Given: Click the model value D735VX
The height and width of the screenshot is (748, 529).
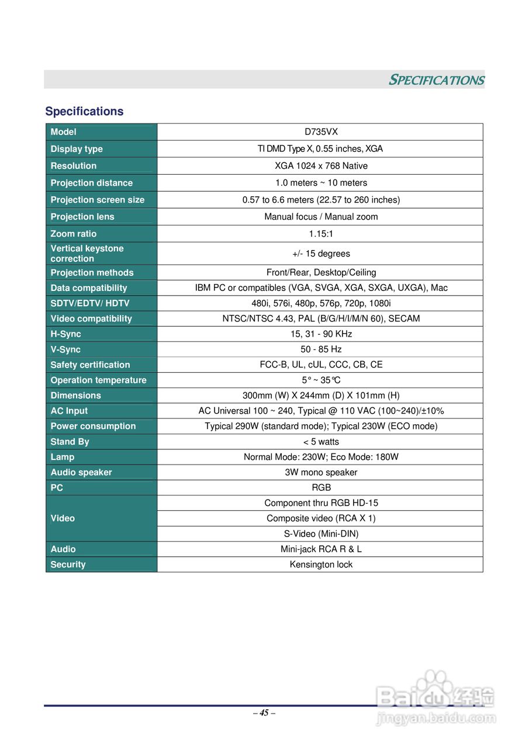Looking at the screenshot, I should point(321,132).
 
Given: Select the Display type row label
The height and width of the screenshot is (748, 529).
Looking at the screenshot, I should point(77,149).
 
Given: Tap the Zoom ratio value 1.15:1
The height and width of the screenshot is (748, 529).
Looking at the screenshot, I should point(321,234).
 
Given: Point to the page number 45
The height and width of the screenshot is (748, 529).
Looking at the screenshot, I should point(264,713).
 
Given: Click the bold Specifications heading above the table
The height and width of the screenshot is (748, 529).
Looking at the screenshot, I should point(84,111).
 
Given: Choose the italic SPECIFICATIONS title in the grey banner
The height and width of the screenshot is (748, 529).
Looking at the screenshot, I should point(436,80).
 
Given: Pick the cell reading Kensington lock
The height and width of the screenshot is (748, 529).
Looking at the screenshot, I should point(321,565).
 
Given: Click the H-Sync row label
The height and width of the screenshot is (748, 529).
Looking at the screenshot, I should point(66,334).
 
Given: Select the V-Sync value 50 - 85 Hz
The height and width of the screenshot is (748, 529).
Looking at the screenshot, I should point(321,349).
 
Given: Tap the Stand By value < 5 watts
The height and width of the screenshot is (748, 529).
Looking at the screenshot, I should point(321,442).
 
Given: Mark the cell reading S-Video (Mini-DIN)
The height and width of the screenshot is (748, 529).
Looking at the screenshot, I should point(321,534).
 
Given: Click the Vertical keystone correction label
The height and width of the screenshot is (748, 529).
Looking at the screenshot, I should point(87,254).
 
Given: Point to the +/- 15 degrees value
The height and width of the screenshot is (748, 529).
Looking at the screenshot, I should point(321,254).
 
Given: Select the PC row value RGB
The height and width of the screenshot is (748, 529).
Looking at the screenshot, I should point(321,487).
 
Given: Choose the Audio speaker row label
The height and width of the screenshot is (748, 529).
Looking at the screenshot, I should point(81,472).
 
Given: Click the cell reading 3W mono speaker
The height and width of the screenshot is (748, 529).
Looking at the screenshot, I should point(321,472).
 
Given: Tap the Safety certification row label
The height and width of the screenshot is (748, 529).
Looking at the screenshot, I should point(91,365).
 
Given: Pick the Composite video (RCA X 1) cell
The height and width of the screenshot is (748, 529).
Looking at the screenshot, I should point(321,518).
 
